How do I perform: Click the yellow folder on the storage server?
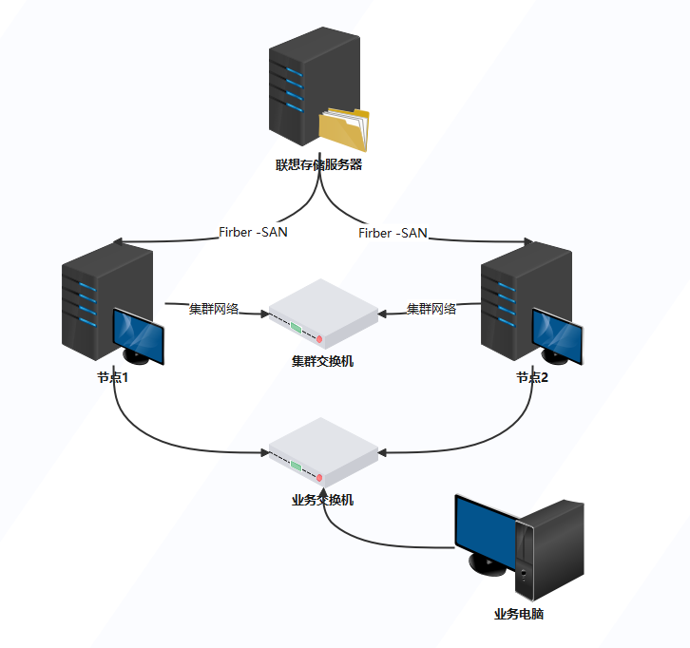pyautogui.click(x=344, y=129)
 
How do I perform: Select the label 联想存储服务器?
pyautogui.click(x=319, y=165)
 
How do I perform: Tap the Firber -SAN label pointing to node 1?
pyautogui.click(x=254, y=232)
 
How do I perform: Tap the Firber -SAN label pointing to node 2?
pyautogui.click(x=393, y=233)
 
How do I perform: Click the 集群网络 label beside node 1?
pyautogui.click(x=214, y=309)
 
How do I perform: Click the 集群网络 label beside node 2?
pyautogui.click(x=431, y=309)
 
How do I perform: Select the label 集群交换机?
pyautogui.click(x=322, y=361)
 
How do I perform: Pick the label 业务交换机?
pyautogui.click(x=322, y=500)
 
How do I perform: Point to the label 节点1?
pyautogui.click(x=113, y=377)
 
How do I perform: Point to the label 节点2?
pyautogui.click(x=532, y=377)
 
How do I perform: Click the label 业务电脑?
pyautogui.click(x=519, y=614)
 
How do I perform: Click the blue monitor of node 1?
pyautogui.click(x=138, y=335)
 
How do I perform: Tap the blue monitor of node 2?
pyautogui.click(x=558, y=335)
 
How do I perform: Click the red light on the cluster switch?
pyautogui.click(x=319, y=339)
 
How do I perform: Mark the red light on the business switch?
pyautogui.click(x=319, y=478)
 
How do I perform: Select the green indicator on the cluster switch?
pyautogui.click(x=297, y=328)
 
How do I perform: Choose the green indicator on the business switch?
pyautogui.click(x=297, y=467)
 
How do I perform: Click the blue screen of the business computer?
pyautogui.click(x=486, y=530)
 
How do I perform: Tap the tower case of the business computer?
pyautogui.click(x=550, y=550)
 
